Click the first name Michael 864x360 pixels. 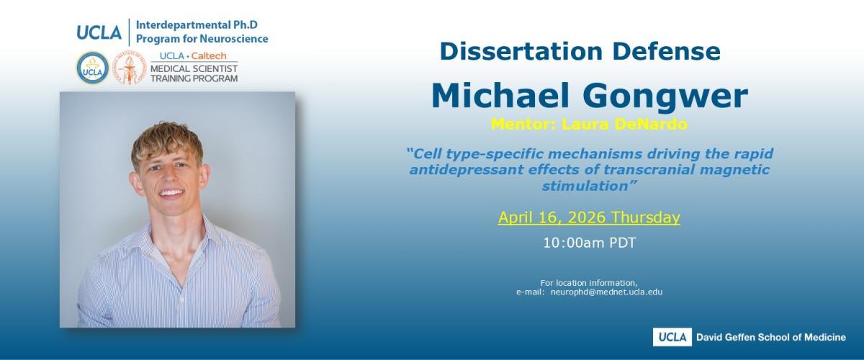point(500,95)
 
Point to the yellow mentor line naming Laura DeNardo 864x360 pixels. point(589,125)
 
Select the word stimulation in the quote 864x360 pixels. point(585,186)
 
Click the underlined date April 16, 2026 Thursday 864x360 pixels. point(589,217)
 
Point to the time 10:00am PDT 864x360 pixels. point(589,243)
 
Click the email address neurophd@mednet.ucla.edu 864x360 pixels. point(606,292)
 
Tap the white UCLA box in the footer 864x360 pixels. point(672,337)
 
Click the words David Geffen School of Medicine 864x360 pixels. point(770,338)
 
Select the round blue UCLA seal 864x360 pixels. point(93,68)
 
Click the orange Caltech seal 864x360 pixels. point(129,68)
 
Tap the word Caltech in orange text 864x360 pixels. point(209,56)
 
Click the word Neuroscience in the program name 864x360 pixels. point(234,39)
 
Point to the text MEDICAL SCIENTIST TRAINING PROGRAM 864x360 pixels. point(194,73)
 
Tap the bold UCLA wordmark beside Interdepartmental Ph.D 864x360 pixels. point(99,32)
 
